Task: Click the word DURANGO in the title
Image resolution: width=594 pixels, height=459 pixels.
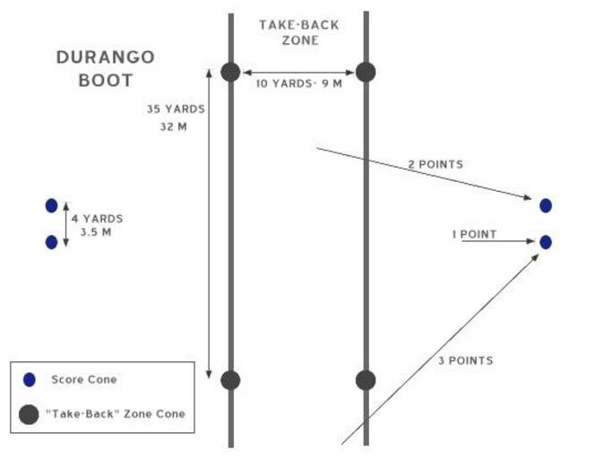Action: [x=105, y=57]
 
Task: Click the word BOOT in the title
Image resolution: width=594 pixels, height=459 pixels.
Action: [x=105, y=80]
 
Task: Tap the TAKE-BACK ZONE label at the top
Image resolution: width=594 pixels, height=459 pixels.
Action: [x=299, y=32]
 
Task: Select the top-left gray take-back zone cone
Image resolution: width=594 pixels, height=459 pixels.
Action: [x=230, y=73]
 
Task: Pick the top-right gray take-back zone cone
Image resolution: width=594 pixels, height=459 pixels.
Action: [x=366, y=73]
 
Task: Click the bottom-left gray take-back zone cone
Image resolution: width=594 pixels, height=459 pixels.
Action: [x=230, y=380]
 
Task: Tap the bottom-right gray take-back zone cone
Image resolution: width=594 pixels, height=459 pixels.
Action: [x=366, y=380]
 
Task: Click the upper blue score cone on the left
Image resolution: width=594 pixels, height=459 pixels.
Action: [x=51, y=206]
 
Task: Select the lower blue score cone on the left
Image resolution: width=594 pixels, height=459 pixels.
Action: [x=51, y=242]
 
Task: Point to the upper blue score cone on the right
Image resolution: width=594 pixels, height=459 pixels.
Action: [x=546, y=206]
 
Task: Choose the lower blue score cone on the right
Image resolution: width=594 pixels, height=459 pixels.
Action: [x=546, y=242]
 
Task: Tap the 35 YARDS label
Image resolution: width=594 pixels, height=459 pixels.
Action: [x=176, y=109]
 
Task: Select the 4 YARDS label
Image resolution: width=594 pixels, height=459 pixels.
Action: [x=97, y=218]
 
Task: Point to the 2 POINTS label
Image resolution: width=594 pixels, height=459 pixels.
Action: [x=435, y=164]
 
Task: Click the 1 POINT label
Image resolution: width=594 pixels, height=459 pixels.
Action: [x=474, y=234]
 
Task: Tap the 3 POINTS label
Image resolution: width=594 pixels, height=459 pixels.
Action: [x=464, y=360]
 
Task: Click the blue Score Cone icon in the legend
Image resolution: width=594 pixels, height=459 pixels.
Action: [x=30, y=380]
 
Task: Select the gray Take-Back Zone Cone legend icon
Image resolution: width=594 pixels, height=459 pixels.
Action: [x=30, y=413]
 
